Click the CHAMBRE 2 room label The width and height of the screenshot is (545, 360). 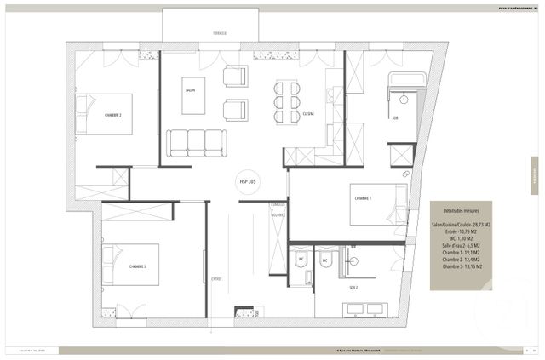tap(113, 114)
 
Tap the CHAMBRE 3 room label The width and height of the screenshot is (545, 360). tap(138, 266)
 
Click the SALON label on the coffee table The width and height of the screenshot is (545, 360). tap(191, 89)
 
